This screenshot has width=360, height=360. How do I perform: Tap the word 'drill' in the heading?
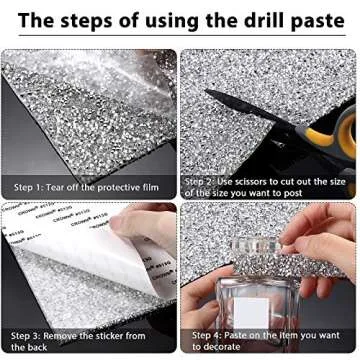[x=247, y=19]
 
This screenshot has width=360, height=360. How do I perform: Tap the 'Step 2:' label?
[x=204, y=181]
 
